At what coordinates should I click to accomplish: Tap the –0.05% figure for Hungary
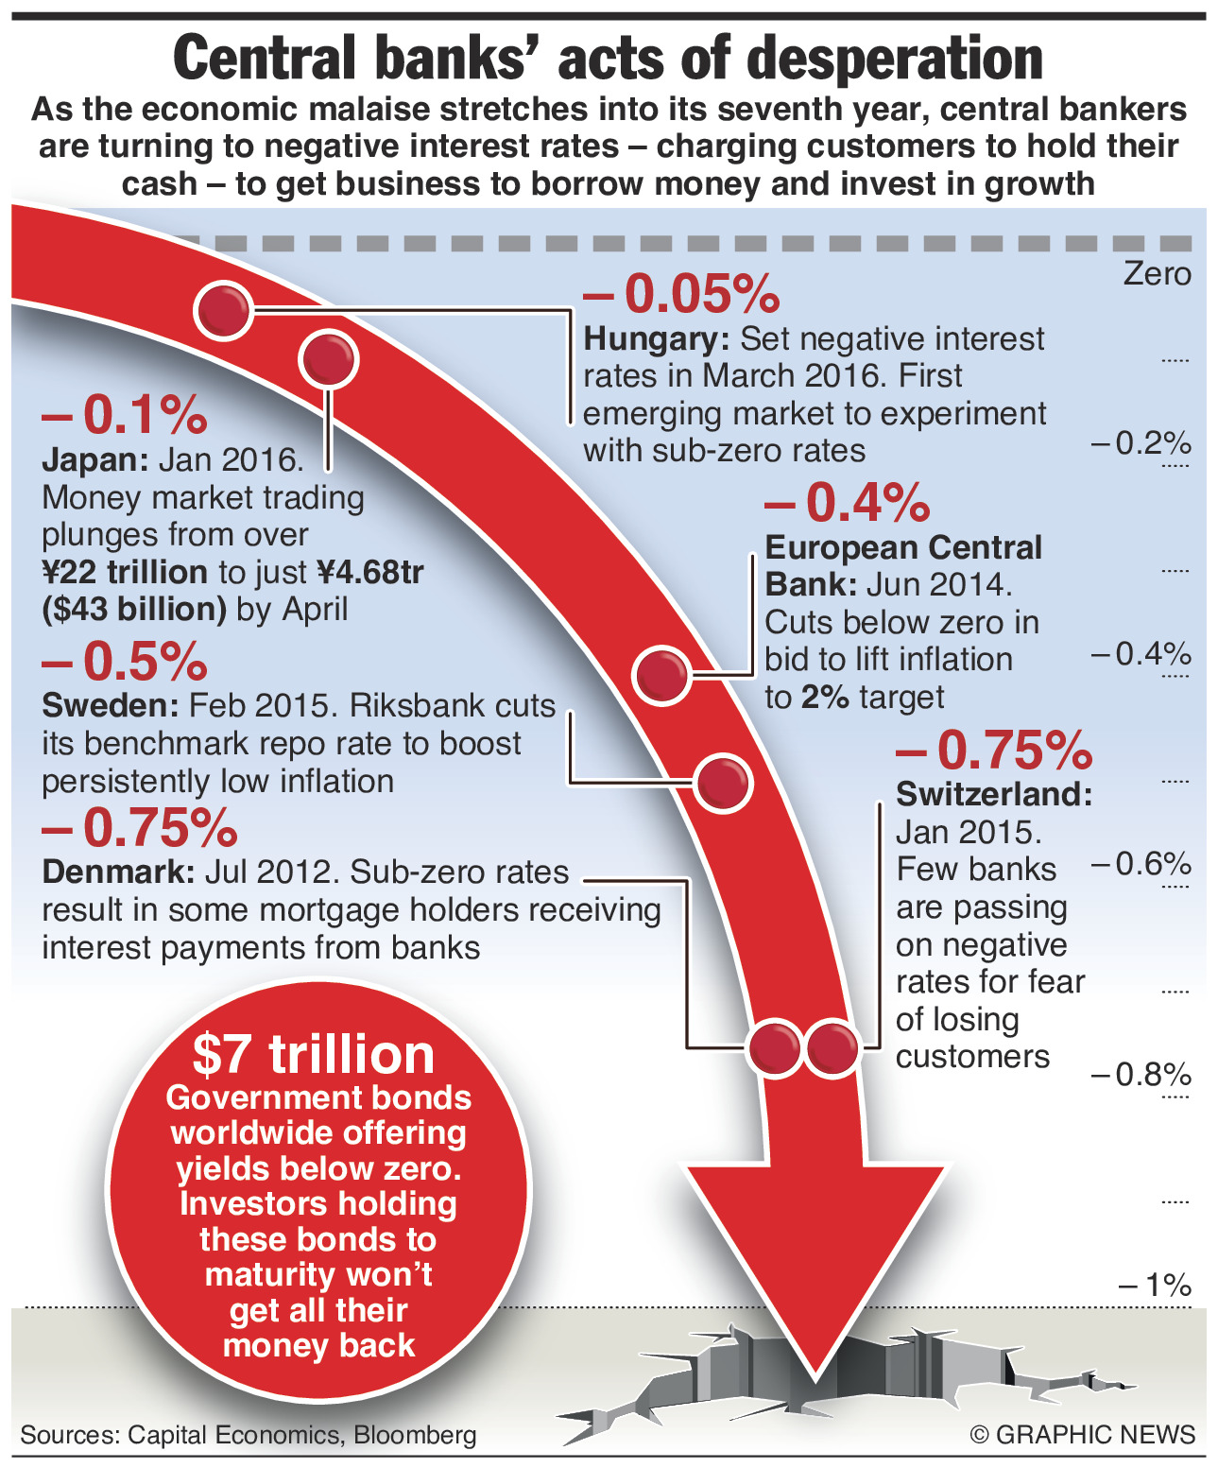click(x=681, y=293)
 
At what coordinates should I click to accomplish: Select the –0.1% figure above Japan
click(x=124, y=414)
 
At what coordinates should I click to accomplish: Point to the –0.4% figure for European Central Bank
click(x=848, y=502)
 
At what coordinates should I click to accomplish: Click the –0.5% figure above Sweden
click(x=124, y=661)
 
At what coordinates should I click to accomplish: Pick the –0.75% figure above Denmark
click(x=139, y=828)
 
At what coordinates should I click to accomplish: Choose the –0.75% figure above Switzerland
click(x=994, y=751)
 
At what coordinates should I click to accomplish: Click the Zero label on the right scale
click(x=1157, y=274)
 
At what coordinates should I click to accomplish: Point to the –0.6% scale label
click(x=1141, y=863)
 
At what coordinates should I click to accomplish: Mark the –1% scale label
click(x=1155, y=1285)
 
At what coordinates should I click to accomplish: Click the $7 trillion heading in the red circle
click(x=314, y=1055)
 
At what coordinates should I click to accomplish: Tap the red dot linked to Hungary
click(x=224, y=309)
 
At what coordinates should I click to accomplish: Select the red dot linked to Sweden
click(x=724, y=783)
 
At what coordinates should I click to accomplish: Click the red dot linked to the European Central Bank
click(x=661, y=675)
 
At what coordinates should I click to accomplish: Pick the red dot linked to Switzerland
click(x=832, y=1047)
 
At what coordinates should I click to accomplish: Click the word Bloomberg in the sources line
click(x=415, y=1435)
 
